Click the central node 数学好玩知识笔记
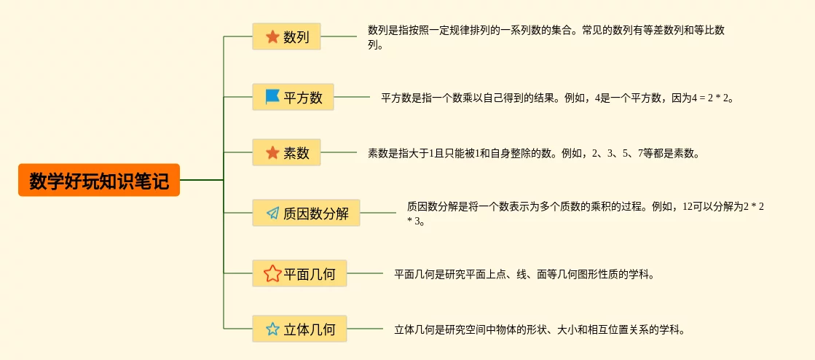pos(99,180)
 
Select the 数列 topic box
pos(286,36)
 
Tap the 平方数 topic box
pos(293,97)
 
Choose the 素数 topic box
pos(286,152)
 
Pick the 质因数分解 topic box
pos(306,213)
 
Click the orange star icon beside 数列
pos(272,36)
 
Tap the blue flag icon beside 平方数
pos(272,96)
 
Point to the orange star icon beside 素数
pos(272,152)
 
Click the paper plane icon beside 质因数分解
pos(272,213)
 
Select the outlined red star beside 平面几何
pos(272,273)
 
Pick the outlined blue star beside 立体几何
pos(272,329)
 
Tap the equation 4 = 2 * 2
pos(710,97)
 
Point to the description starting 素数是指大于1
pos(533,153)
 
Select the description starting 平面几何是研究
pos(524,274)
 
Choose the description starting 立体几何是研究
pos(540,329)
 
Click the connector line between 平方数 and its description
pos(352,97)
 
